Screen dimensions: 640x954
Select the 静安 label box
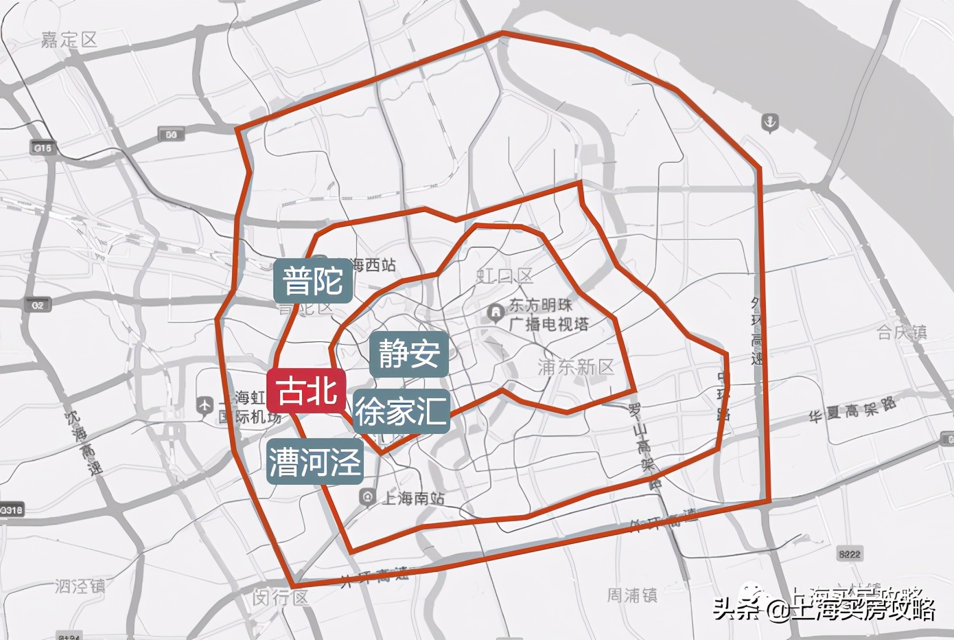click(x=409, y=354)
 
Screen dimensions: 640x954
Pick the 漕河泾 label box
click(x=314, y=461)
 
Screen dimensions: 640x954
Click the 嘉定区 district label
click(x=69, y=40)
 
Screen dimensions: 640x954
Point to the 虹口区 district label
click(x=505, y=277)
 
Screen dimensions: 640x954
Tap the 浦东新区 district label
click(x=576, y=367)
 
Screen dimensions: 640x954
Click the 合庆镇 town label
click(x=902, y=333)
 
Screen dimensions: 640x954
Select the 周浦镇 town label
click(x=632, y=595)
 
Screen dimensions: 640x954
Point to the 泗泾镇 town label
click(x=80, y=586)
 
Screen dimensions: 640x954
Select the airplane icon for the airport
click(x=205, y=406)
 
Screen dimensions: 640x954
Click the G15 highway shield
click(x=42, y=148)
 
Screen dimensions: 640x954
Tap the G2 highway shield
click(x=36, y=305)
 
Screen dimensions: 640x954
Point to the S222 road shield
click(x=850, y=553)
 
